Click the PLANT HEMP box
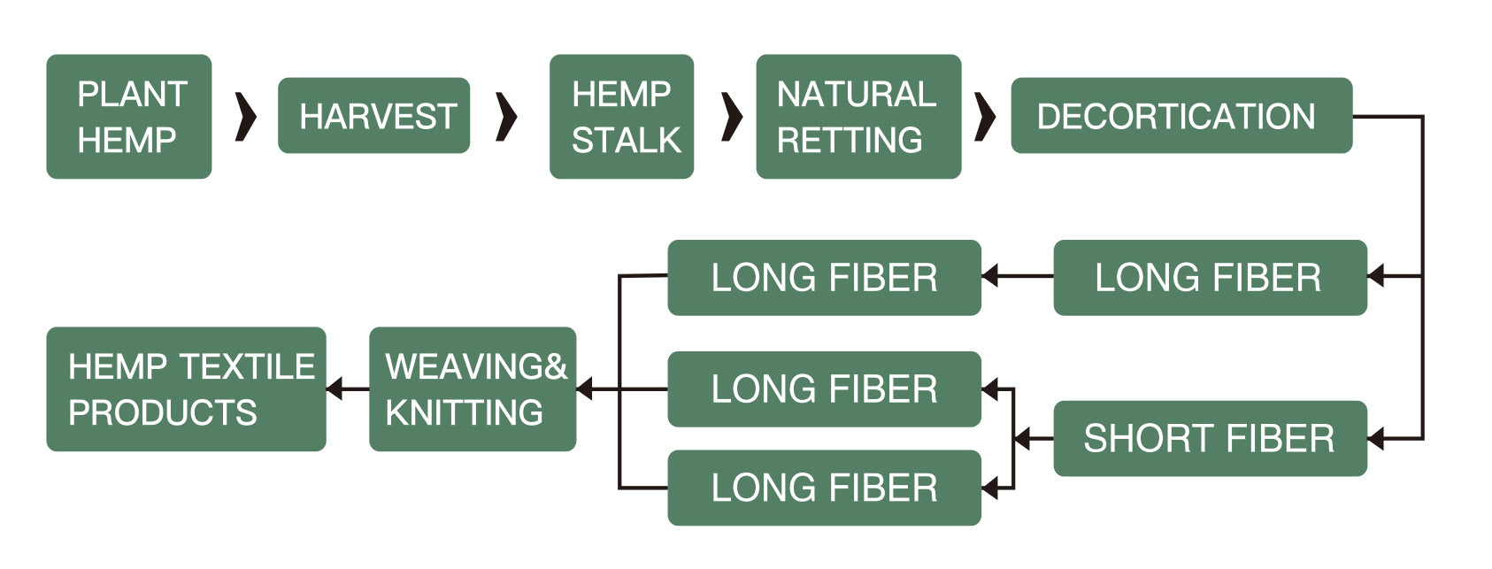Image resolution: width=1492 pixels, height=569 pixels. pyautogui.click(x=129, y=117)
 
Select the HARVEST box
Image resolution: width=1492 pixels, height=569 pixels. pyautogui.click(x=373, y=116)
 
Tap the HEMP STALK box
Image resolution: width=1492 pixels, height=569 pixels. pyautogui.click(x=621, y=117)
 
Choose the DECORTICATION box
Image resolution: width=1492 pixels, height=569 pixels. pyautogui.click(x=1181, y=116)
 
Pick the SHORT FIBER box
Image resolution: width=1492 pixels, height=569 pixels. pyautogui.click(x=1210, y=439)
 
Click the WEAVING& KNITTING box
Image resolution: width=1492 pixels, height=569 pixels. pyautogui.click(x=473, y=389)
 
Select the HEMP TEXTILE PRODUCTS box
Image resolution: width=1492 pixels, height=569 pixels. pyautogui.click(x=186, y=389)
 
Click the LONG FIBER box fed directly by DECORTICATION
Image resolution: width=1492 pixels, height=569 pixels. pyautogui.click(x=1210, y=278)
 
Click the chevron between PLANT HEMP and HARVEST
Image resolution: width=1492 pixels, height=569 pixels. pyautogui.click(x=246, y=116)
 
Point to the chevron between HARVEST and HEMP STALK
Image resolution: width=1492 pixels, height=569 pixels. pyautogui.click(x=506, y=116)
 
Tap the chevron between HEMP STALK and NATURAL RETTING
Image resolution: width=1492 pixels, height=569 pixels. pyautogui.click(x=732, y=116)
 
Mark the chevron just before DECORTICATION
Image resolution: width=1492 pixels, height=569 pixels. pyautogui.click(x=984, y=116)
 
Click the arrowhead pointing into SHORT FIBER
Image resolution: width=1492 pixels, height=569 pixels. pyautogui.click(x=1376, y=439)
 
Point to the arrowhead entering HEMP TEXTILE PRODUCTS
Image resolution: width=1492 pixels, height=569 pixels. pyautogui.click(x=335, y=388)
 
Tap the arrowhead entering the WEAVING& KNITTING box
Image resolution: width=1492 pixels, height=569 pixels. pyautogui.click(x=585, y=388)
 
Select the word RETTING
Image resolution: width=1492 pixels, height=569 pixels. pyautogui.click(x=850, y=140)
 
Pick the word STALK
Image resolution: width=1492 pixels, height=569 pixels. pyautogui.click(x=627, y=140)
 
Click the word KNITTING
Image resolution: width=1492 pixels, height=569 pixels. pyautogui.click(x=465, y=412)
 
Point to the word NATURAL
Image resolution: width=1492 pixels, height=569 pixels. pyautogui.click(x=856, y=94)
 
